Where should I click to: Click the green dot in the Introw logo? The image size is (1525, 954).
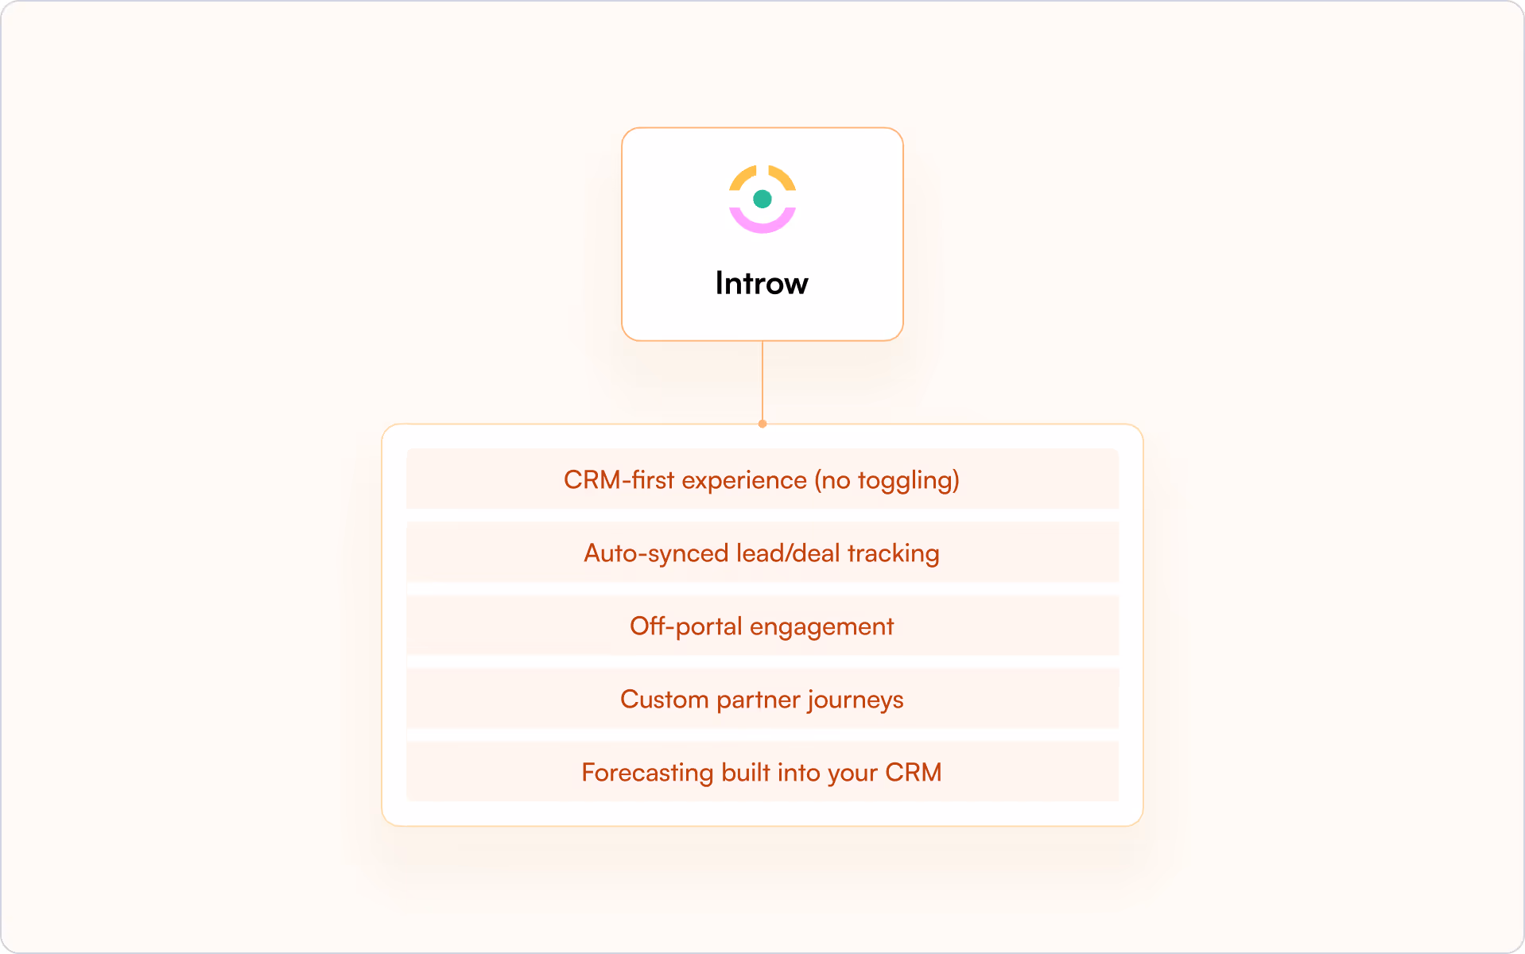[x=762, y=199]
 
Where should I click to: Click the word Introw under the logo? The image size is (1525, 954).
[x=762, y=283]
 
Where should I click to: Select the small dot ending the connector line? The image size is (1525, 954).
[x=762, y=424]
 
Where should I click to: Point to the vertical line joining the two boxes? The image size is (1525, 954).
[x=762, y=382]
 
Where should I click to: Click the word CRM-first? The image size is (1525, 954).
[x=619, y=480]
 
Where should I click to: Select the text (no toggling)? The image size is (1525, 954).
[x=887, y=480]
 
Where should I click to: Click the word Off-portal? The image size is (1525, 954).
[x=685, y=626]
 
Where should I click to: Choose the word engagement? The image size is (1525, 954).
[x=821, y=626]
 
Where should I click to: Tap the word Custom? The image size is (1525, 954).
[x=664, y=700]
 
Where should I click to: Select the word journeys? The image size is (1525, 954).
[x=856, y=700]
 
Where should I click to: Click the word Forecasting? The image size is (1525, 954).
[x=647, y=773]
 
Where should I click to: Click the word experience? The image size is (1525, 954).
[x=744, y=480]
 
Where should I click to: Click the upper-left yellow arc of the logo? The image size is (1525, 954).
[x=741, y=179]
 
